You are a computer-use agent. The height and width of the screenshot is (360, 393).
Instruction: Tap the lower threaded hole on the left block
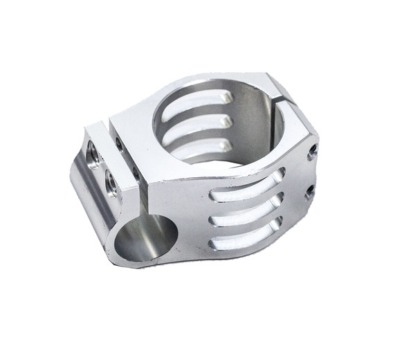click(110, 182)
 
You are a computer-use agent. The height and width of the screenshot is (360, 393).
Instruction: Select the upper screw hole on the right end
click(315, 150)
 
